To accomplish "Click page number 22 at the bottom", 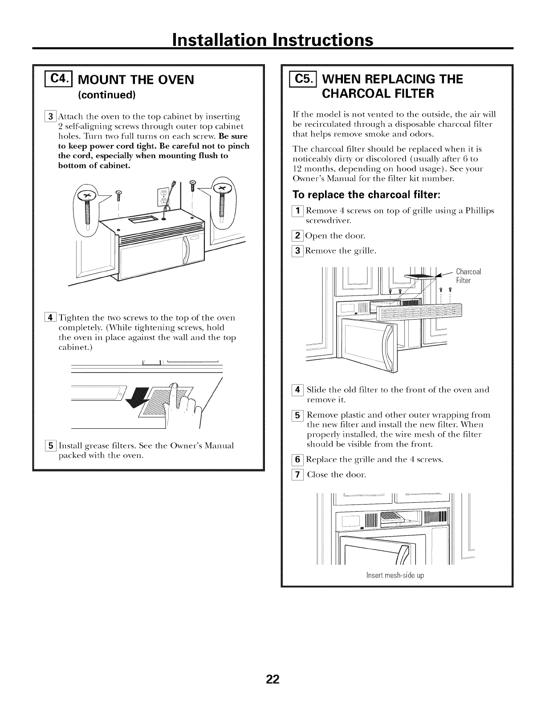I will [x=272, y=666].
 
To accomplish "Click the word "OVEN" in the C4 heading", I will [x=172, y=80].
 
